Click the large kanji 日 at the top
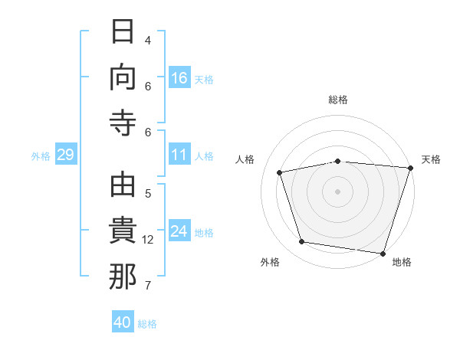point(123,31)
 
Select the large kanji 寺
point(123,123)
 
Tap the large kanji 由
point(123,185)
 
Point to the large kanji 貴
point(123,230)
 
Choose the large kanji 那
point(123,277)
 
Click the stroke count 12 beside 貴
point(147,240)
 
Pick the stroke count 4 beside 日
point(148,41)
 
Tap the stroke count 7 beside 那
point(148,286)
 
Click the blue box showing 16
point(179,77)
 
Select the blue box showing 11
point(179,154)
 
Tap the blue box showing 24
point(179,230)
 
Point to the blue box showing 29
point(66,154)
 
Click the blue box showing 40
point(123,321)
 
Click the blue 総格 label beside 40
point(147,324)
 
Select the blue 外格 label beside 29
point(41,156)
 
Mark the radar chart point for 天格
point(411,168)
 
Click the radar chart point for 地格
point(383,254)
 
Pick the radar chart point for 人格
point(280,172)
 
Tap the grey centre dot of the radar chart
point(337,191)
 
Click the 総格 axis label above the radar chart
point(338,100)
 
